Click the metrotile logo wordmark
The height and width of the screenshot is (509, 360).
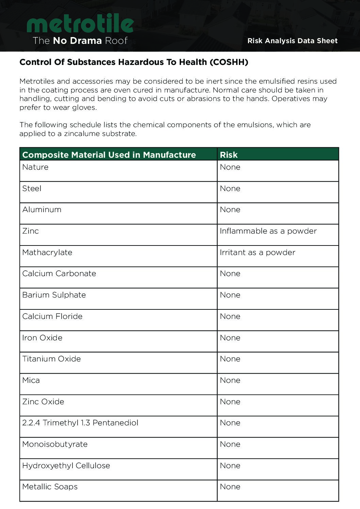click(80, 23)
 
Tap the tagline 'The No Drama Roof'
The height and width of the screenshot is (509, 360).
click(80, 41)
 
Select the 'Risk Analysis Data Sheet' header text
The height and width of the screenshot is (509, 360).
click(292, 41)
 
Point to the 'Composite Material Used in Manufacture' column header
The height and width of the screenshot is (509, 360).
click(109, 155)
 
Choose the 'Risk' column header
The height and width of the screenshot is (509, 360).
click(229, 155)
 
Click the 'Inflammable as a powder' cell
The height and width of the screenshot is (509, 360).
click(268, 231)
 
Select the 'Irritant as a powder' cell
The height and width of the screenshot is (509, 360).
click(258, 253)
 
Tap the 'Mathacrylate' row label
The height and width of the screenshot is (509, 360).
click(47, 253)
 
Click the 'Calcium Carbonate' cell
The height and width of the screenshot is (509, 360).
click(59, 274)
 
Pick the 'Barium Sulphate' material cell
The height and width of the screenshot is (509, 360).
click(54, 295)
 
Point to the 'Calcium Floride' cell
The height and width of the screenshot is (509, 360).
click(52, 317)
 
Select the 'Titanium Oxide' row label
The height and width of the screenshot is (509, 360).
click(51, 359)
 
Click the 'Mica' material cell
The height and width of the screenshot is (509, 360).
click(31, 380)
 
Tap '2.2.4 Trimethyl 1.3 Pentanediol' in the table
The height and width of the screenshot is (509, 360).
click(80, 423)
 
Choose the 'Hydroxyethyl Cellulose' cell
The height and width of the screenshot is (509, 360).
click(66, 466)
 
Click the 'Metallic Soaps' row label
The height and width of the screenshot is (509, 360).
click(50, 487)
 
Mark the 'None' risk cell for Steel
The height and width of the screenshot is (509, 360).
click(230, 189)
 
